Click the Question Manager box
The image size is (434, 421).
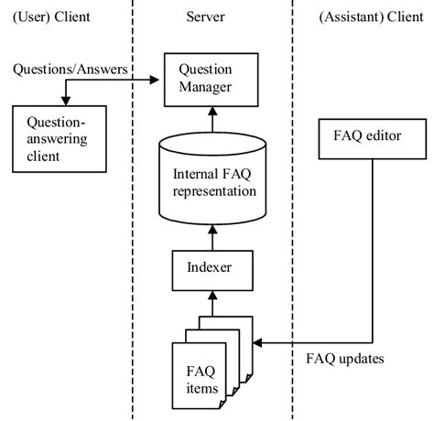coord(212,79)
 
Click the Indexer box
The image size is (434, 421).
coord(212,270)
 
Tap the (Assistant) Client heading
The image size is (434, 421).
coord(371,17)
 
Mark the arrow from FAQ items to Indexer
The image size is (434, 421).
coord(212,302)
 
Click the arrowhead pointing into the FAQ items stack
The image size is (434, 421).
coord(257,343)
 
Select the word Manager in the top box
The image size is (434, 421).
coord(212,88)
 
